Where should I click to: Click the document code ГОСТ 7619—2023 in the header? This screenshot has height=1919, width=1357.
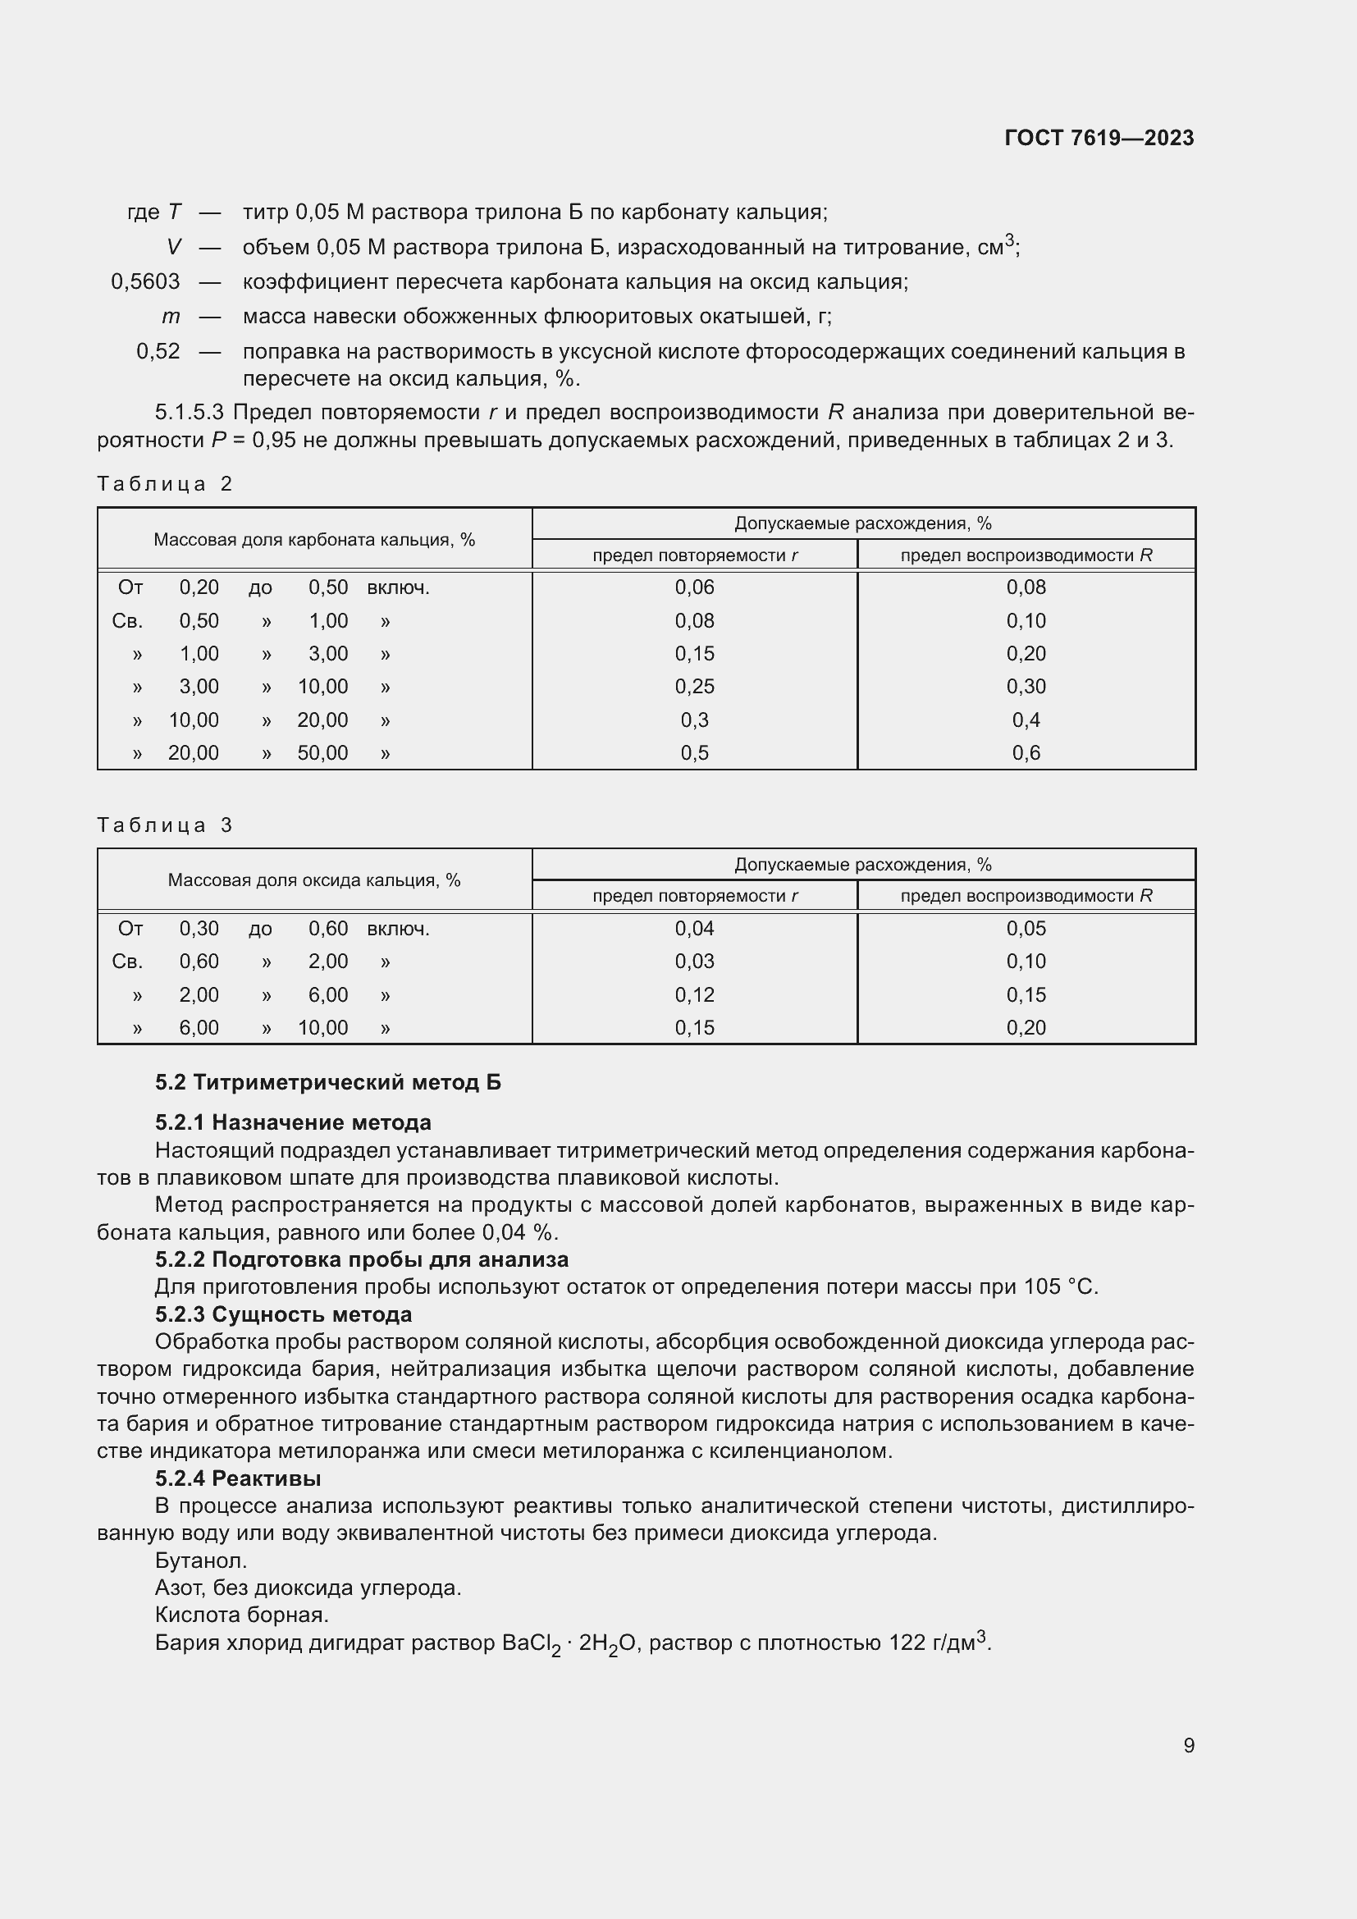(x=1099, y=138)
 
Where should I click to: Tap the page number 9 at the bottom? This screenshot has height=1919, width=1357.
(x=1188, y=1745)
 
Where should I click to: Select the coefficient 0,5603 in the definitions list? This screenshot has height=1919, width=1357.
(x=145, y=281)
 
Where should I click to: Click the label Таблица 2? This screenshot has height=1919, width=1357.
(x=165, y=484)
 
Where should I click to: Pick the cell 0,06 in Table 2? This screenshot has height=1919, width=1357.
(x=694, y=587)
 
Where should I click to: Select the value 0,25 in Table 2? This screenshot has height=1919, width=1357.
(x=694, y=687)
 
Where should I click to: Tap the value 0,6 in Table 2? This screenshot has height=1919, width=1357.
(x=1026, y=753)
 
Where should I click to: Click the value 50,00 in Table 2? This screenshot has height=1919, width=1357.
(x=322, y=753)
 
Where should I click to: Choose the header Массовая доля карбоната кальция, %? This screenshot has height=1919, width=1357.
(x=314, y=540)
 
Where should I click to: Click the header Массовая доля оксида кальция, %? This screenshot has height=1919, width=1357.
(x=314, y=880)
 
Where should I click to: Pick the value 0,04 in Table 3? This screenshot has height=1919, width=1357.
(x=694, y=929)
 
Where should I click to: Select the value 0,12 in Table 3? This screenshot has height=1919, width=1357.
(x=694, y=994)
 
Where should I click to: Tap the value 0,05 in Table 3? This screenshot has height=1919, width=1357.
(x=1026, y=929)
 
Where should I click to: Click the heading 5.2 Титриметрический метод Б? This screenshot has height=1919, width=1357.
(x=327, y=1082)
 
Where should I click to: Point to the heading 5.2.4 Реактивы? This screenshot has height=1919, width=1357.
(x=238, y=1478)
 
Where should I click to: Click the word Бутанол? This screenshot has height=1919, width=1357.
(x=200, y=1560)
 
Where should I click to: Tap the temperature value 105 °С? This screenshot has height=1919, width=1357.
(x=1059, y=1286)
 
